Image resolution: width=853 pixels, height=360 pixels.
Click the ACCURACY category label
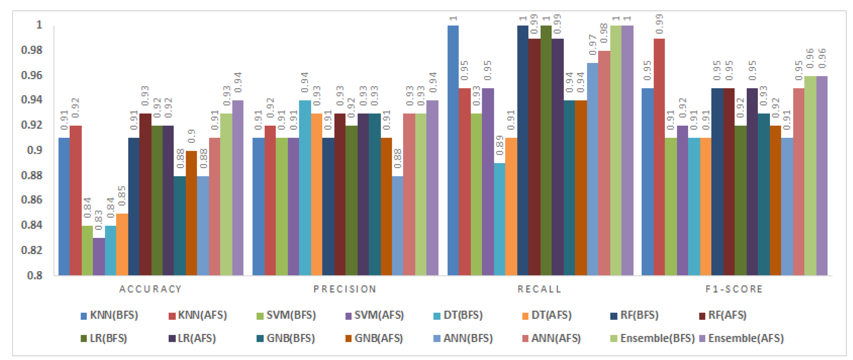[x=151, y=289]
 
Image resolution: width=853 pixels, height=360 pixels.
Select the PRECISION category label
[x=345, y=289]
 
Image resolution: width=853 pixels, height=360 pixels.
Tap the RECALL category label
[x=540, y=289]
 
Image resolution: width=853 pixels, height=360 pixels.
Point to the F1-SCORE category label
[x=734, y=289]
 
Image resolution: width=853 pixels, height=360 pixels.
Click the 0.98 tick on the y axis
[x=32, y=50]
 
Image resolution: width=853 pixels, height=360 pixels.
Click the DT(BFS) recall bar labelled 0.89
[x=499, y=219]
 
